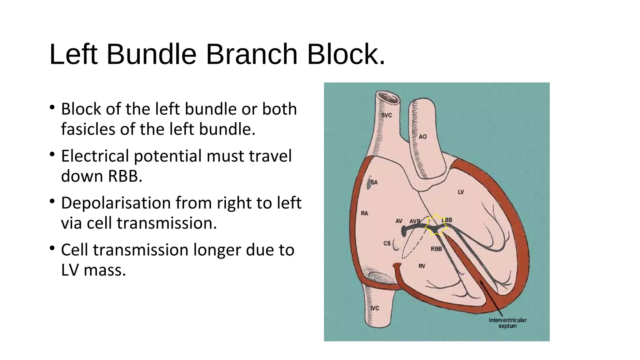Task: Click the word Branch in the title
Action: pyautogui.click(x=252, y=55)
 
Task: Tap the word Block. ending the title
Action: pyautogui.click(x=346, y=55)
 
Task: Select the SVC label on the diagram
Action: pyautogui.click(x=386, y=115)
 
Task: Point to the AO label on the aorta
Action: pyautogui.click(x=422, y=137)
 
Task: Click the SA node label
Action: pyautogui.click(x=374, y=182)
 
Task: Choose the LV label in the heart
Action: pyautogui.click(x=461, y=192)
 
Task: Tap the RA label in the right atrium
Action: pyautogui.click(x=364, y=213)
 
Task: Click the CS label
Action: pyautogui.click(x=387, y=243)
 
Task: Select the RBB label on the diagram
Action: pyautogui.click(x=436, y=249)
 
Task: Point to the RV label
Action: pyautogui.click(x=422, y=266)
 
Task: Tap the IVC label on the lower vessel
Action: pyautogui.click(x=375, y=308)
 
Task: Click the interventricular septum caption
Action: pyautogui.click(x=507, y=323)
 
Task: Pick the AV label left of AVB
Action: pyautogui.click(x=399, y=221)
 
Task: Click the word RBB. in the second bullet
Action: pyautogui.click(x=125, y=176)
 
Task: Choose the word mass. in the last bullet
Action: pyautogui.click(x=105, y=270)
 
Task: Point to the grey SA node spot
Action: pyautogui.click(x=369, y=184)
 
